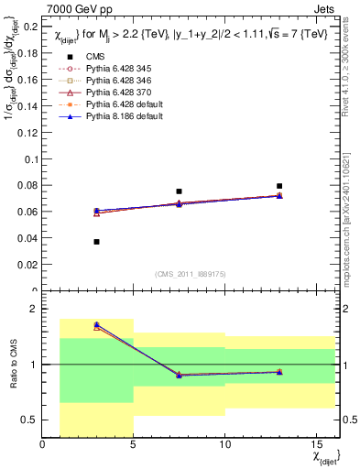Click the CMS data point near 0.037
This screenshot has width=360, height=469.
96,242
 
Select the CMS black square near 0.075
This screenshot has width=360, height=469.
179,191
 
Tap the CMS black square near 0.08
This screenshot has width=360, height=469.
279,186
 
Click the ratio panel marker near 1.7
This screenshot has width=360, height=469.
96,325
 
